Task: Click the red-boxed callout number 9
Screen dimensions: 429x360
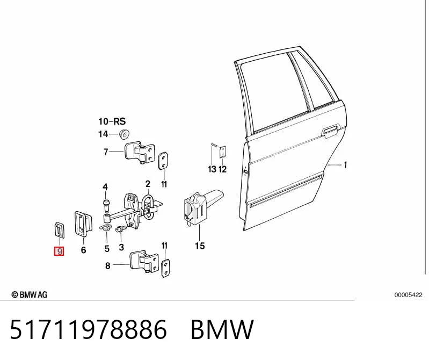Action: click(x=59, y=251)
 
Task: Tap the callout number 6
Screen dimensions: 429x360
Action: click(x=83, y=250)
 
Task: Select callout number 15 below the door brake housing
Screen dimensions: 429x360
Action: click(x=200, y=246)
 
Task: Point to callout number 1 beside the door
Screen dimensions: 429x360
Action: click(x=345, y=165)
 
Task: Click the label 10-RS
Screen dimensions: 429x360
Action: click(x=112, y=121)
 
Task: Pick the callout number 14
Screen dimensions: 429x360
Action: click(x=103, y=134)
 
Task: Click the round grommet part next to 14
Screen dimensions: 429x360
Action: click(x=125, y=134)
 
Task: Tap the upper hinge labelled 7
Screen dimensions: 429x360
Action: click(x=140, y=153)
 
